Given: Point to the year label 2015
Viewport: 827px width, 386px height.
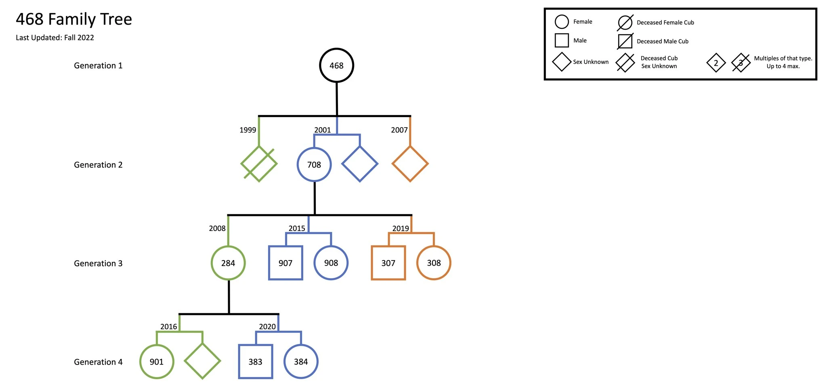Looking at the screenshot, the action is pos(297,229).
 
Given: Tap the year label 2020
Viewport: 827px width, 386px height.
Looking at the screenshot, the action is pos(267,327).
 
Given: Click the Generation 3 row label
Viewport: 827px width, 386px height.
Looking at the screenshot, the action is pos(98,263).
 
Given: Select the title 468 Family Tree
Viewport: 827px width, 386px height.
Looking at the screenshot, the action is pos(74,19).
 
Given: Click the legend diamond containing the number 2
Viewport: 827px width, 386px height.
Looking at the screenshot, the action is pos(716,54).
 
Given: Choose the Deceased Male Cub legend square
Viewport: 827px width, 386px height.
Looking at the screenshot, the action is pos(625,35).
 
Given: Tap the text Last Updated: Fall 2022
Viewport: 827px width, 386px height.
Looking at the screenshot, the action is pos(55,38).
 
